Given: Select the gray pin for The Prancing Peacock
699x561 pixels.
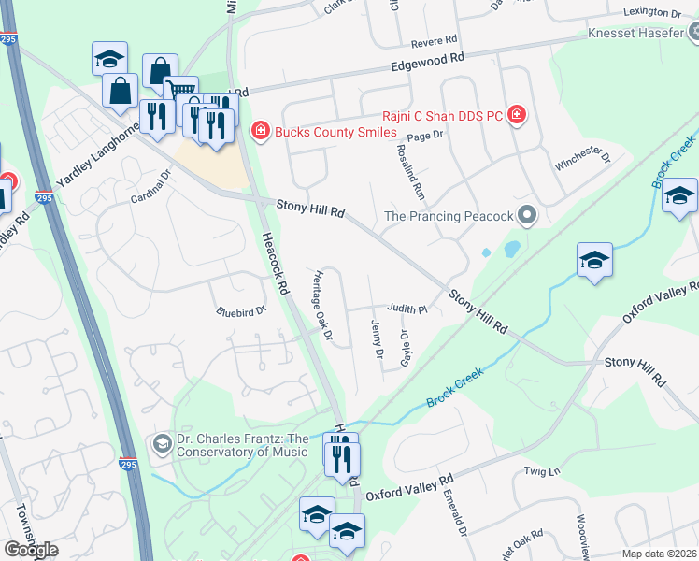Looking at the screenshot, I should click(527, 216).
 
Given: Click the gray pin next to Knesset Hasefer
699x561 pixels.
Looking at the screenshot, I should click(692, 33).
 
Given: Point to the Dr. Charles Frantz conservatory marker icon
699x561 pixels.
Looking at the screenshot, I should click(162, 442).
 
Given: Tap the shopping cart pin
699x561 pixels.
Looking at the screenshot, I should click(180, 92).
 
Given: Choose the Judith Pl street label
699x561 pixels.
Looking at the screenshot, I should click(407, 309).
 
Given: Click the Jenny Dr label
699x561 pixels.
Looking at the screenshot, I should click(377, 338).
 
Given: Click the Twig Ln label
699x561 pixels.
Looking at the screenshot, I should click(540, 472).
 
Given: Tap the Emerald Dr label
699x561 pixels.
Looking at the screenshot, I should click(454, 515).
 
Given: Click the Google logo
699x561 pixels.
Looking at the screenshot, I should click(31, 549).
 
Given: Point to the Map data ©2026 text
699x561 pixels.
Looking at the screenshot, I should click(658, 554).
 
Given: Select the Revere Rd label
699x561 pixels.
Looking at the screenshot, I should click(434, 41).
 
